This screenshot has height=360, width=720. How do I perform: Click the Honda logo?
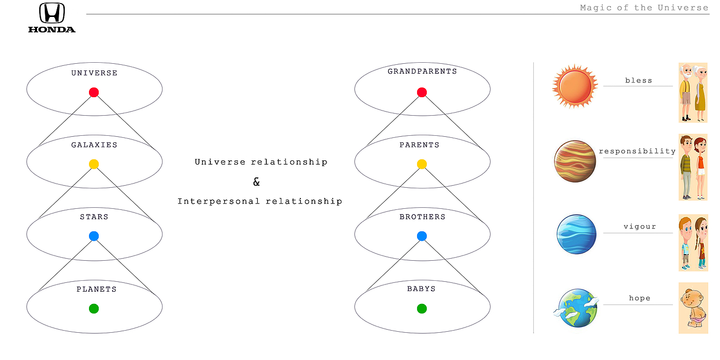[x=52, y=17]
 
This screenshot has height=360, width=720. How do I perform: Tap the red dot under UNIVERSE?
[x=94, y=93]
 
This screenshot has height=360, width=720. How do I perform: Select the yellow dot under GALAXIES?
[x=94, y=165]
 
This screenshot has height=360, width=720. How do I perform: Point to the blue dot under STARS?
[x=94, y=237]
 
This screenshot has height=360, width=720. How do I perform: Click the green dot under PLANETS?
[x=94, y=309]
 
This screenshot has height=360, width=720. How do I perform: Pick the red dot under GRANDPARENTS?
[x=422, y=93]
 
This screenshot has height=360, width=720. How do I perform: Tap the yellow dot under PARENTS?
[x=422, y=165]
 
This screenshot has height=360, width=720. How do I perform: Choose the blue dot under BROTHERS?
[x=422, y=237]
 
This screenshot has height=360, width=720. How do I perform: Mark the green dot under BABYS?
[x=422, y=309]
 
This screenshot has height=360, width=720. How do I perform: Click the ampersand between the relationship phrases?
[x=257, y=182]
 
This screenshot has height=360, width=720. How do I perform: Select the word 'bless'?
[x=639, y=81]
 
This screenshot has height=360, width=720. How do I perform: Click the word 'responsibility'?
[x=637, y=151]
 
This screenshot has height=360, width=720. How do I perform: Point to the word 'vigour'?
[x=640, y=227]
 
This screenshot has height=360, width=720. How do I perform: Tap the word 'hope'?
[x=639, y=298]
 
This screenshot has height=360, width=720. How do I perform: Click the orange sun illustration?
[x=575, y=86]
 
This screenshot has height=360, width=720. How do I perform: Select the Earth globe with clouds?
[x=577, y=308]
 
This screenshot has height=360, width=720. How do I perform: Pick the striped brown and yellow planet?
[x=575, y=160]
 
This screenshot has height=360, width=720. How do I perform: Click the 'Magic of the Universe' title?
[x=644, y=8]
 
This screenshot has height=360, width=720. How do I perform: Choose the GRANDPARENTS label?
[x=422, y=71]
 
